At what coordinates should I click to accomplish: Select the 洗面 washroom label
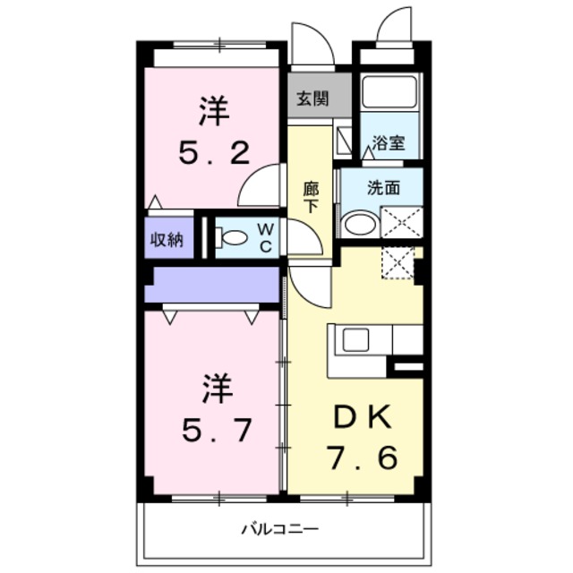point(382,189)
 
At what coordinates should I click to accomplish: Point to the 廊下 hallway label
point(311,197)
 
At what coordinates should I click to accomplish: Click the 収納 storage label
point(167,239)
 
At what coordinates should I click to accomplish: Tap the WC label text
point(267,237)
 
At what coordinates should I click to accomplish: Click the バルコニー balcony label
point(279,528)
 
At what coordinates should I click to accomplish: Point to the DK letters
point(362,415)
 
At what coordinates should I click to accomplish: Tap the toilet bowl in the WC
point(234,238)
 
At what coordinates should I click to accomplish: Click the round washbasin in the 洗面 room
point(360,222)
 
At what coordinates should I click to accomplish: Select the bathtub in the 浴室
point(389,93)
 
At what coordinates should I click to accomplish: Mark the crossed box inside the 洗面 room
point(401,221)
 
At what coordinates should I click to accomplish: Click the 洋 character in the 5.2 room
point(213,113)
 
